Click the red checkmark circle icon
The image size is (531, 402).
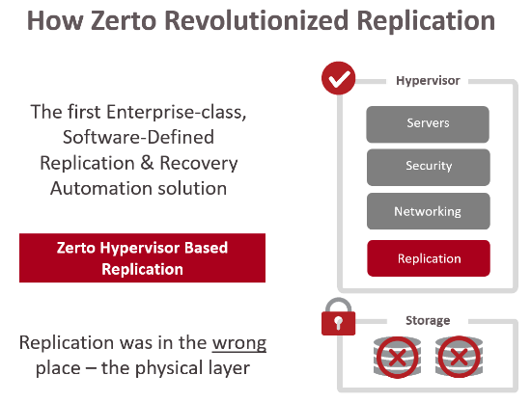338,78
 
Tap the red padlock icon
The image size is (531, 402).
338,317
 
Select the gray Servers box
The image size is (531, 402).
428,124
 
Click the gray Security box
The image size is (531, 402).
429,168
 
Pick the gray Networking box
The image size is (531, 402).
429,211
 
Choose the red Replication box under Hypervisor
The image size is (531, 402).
429,258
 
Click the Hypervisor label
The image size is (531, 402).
428,81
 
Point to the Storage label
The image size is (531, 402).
428,320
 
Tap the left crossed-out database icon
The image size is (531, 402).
397,357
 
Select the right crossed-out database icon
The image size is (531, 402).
459,357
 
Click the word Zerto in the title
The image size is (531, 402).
124,20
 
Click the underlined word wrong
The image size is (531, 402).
239,344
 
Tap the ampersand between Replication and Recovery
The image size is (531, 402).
147,163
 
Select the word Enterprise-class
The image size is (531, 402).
176,112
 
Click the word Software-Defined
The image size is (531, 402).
138,137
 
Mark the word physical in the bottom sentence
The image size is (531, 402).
169,368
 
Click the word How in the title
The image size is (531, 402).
55,20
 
